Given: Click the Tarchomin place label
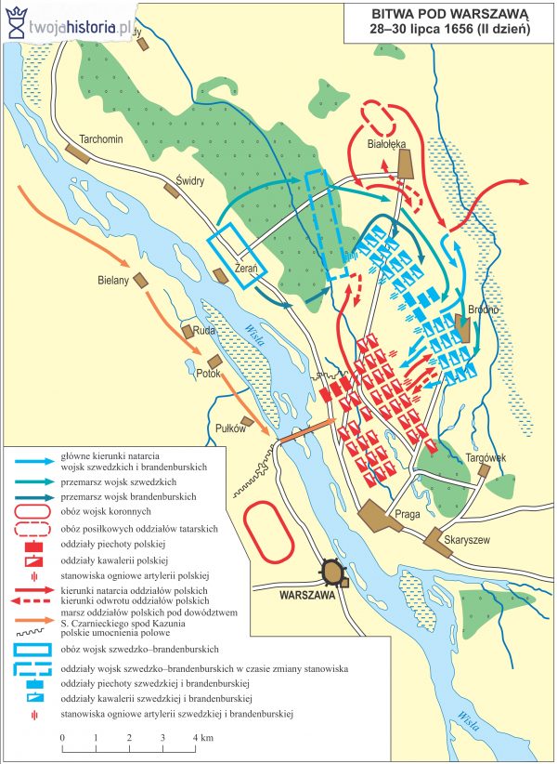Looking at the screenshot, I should [x=103, y=138].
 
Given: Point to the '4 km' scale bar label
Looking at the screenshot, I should [x=201, y=737].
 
